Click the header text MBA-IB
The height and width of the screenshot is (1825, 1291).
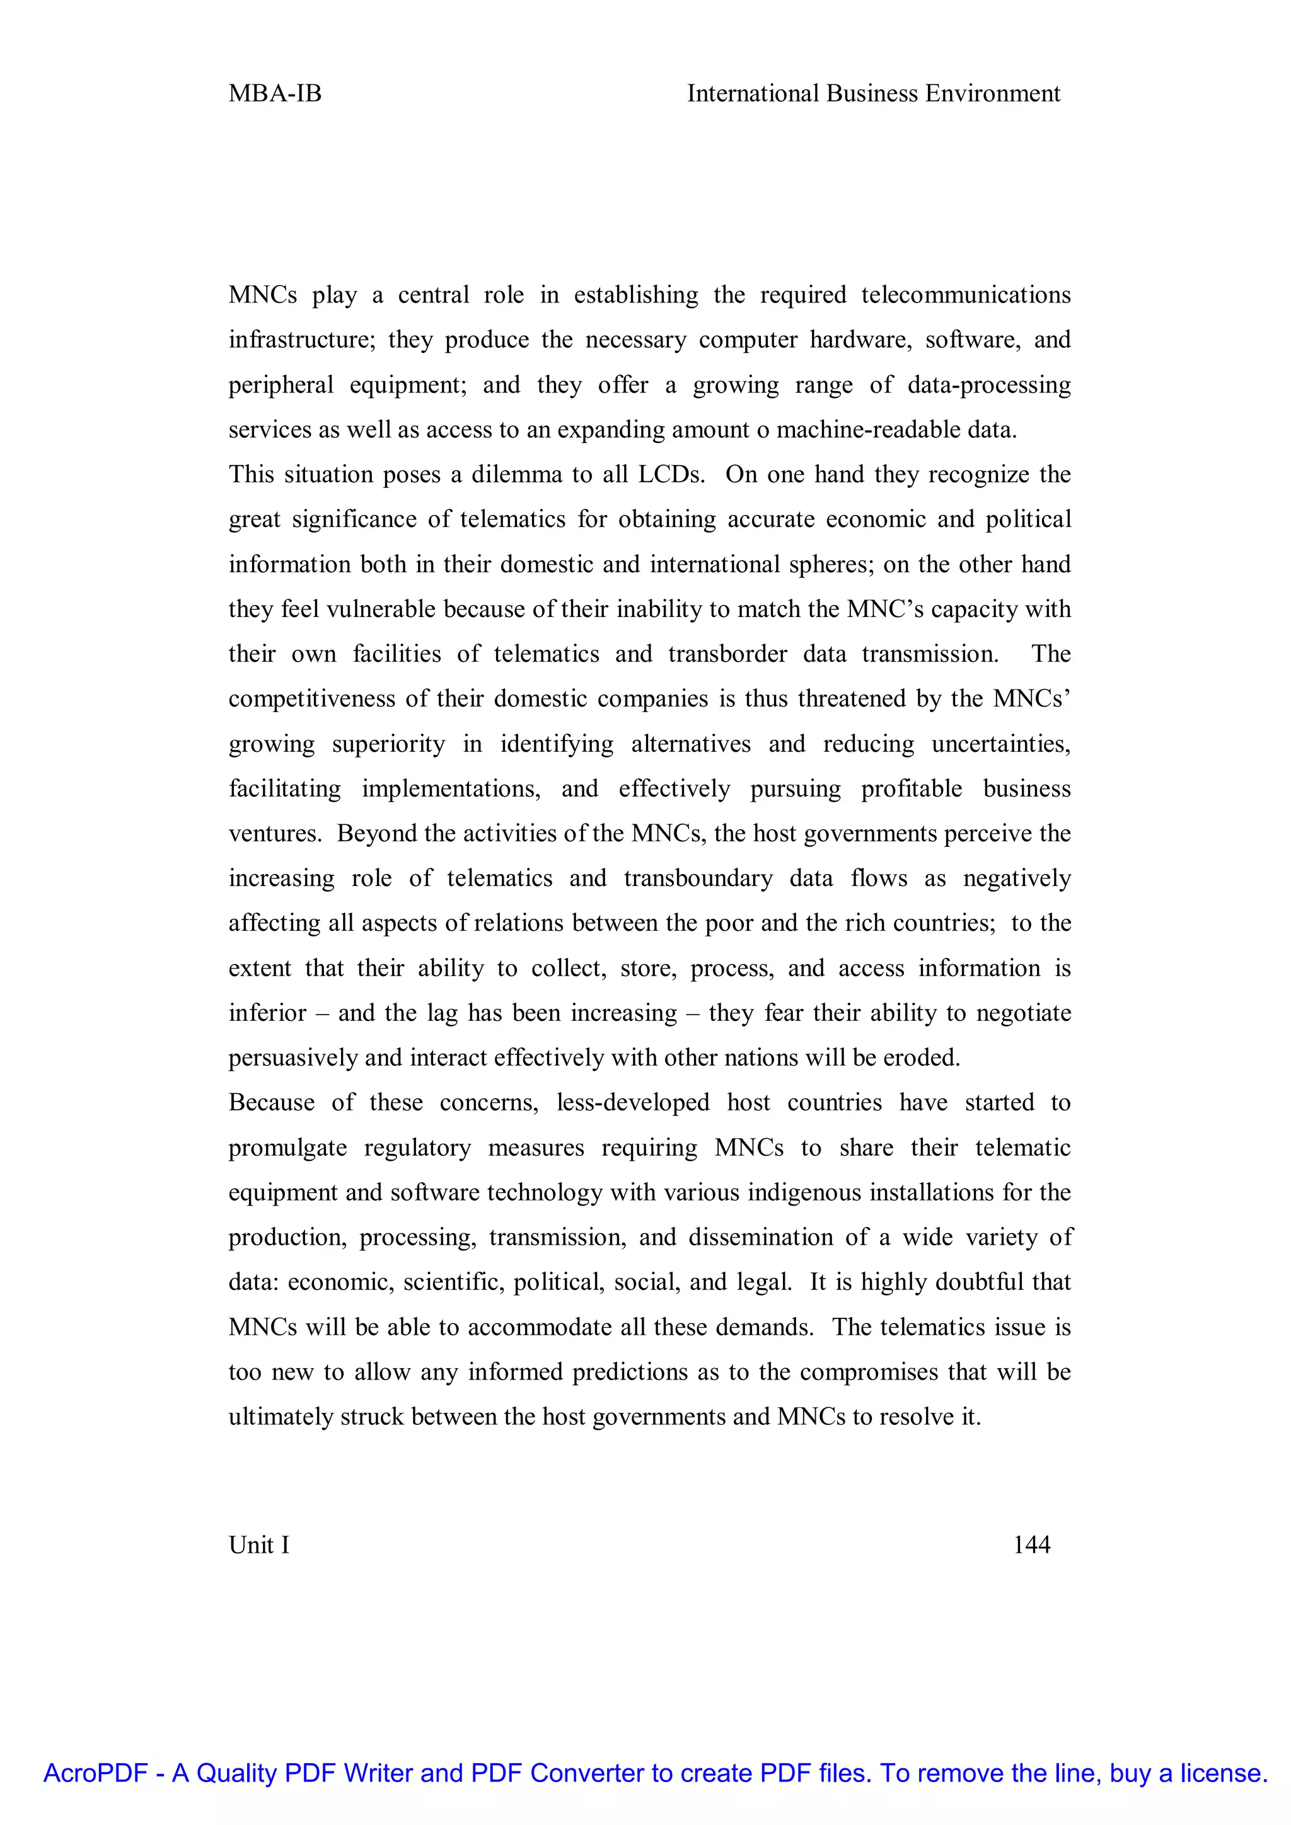pyautogui.click(x=275, y=94)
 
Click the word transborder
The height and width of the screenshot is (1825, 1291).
pyautogui.click(x=727, y=654)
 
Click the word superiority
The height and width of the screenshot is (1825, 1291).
pyautogui.click(x=389, y=744)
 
